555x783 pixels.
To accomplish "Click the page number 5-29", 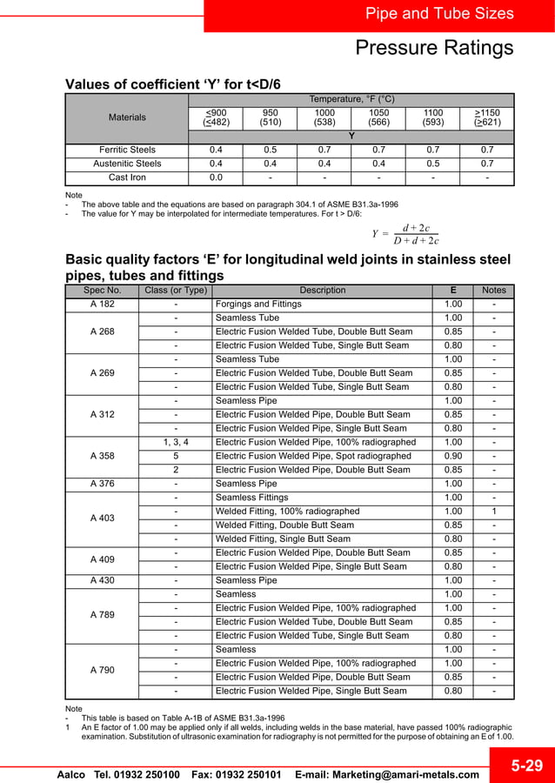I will pyautogui.click(x=527, y=766).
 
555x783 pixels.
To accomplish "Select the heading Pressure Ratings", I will pyautogui.click(x=434, y=48).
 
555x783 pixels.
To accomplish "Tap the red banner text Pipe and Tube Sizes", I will pyautogui.click(x=439, y=14).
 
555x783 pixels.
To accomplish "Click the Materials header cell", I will pyautogui.click(x=127, y=117).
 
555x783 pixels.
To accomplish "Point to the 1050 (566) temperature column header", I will pyautogui.click(x=379, y=117).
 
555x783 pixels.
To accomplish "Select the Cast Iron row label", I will pyautogui.click(x=127, y=177).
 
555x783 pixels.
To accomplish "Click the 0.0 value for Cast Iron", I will pyautogui.click(x=216, y=177).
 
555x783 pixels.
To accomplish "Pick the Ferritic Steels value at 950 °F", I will pyautogui.click(x=270, y=150).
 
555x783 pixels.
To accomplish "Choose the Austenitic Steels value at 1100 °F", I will pyautogui.click(x=432, y=164).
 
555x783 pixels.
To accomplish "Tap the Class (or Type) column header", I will pyautogui.click(x=176, y=291).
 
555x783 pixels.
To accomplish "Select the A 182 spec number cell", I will pyautogui.click(x=102, y=304).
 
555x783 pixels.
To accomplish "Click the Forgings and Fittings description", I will pyautogui.click(x=258, y=304).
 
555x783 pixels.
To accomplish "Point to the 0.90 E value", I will pyautogui.click(x=453, y=456).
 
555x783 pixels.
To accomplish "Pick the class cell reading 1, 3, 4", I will pyautogui.click(x=176, y=442).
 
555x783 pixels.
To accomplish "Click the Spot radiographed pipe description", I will pyautogui.click(x=309, y=456).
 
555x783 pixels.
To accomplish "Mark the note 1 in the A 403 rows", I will pyautogui.click(x=493, y=512).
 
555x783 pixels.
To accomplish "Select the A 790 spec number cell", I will pyautogui.click(x=102, y=671).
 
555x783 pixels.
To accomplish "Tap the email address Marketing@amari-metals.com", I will pyautogui.click(x=387, y=774).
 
